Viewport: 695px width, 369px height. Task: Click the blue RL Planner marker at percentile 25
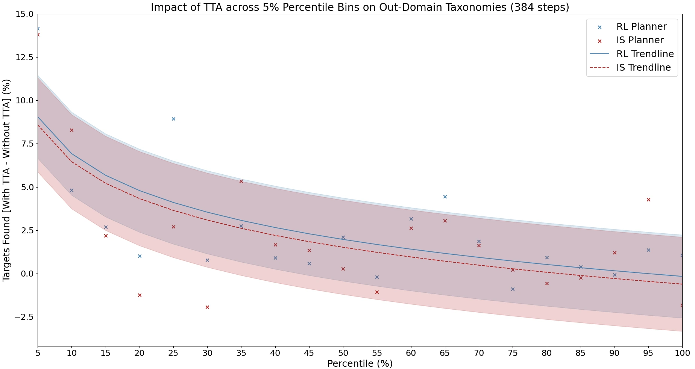coord(173,119)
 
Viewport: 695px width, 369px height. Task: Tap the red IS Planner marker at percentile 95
coord(648,200)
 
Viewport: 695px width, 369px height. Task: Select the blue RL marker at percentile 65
coord(445,197)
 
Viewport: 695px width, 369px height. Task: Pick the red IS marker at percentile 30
coord(207,307)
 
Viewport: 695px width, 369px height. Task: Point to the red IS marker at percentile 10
coord(71,130)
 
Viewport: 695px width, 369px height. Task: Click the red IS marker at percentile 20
coord(140,295)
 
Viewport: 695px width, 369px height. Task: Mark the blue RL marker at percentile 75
coord(513,289)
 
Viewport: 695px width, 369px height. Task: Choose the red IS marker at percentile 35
coord(241,181)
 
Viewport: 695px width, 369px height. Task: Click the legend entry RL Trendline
coord(645,54)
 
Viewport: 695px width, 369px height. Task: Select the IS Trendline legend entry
coord(643,68)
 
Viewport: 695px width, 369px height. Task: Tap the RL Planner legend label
coord(641,27)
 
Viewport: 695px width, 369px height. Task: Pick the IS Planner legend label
coord(640,40)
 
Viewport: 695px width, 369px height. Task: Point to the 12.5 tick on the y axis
coord(24,57)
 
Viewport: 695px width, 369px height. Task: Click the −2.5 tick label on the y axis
coord(23,317)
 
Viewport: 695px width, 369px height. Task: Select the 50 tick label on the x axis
coord(343,353)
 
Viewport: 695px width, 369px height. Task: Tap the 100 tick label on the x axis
coord(682,353)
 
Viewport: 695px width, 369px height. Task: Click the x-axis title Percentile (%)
coord(360,364)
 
